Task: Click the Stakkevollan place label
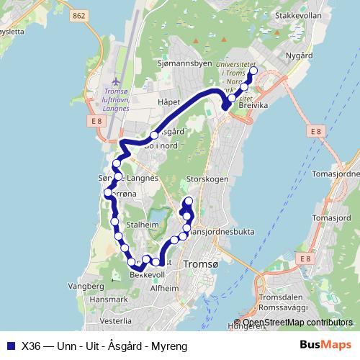tap(295, 14)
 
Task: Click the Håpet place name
tap(167, 103)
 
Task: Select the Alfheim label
tap(164, 288)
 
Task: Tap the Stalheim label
tap(140, 225)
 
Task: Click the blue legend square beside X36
tap(10, 346)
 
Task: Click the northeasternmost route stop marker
tap(253, 72)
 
